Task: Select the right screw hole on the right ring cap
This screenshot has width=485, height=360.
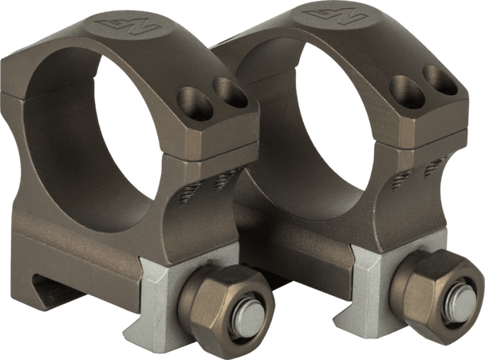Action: (x=437, y=79)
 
